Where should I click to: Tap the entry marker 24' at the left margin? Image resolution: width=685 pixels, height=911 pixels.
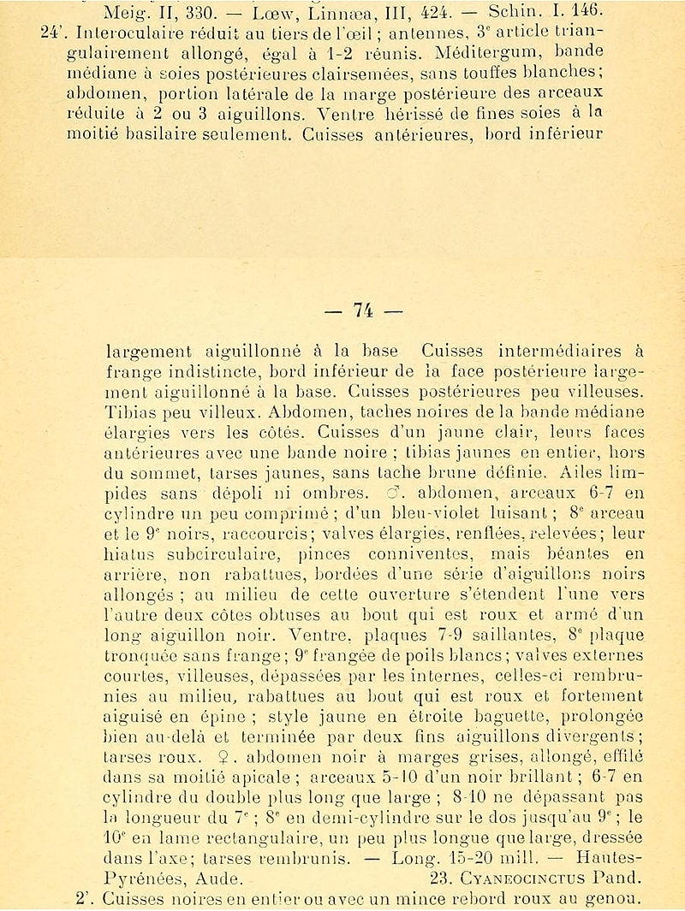pos(54,34)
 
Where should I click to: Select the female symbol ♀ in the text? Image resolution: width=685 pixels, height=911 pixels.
pos(229,757)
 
